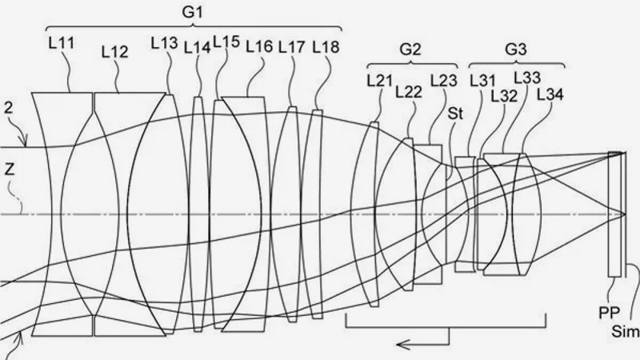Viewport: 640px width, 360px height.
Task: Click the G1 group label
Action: [192, 12]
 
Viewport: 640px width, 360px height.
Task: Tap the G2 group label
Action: [410, 49]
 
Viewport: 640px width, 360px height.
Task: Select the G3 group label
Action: [516, 49]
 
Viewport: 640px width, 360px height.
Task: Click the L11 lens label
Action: [62, 43]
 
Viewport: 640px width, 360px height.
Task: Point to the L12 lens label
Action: [115, 52]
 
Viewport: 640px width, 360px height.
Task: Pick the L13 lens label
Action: [165, 43]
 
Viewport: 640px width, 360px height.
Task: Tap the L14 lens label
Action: [197, 48]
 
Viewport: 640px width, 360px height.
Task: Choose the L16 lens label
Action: [259, 47]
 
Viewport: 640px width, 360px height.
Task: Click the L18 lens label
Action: [326, 47]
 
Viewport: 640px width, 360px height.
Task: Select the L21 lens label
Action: [379, 81]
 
